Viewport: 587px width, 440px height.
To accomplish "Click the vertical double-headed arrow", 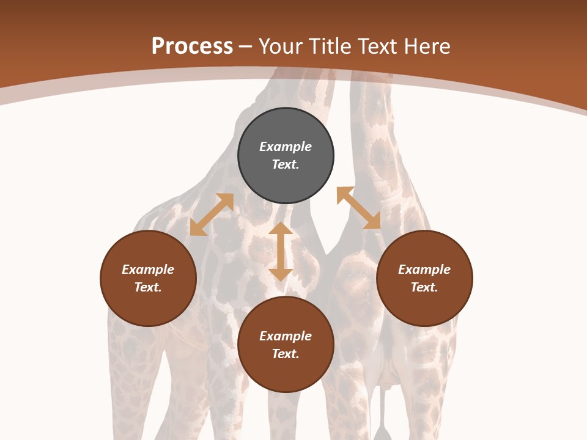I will point(281,251).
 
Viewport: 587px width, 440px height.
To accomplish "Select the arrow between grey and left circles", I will point(212,215).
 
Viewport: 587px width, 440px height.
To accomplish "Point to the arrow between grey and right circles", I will point(358,208).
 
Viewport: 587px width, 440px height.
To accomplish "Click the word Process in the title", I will point(192,46).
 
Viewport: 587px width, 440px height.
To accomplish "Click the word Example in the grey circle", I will point(286,147).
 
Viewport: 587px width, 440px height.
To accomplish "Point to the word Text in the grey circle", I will point(286,164).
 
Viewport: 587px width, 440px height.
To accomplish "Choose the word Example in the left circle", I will point(148,269).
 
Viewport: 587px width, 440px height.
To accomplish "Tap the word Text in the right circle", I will point(424,287).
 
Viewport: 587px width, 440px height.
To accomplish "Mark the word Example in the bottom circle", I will point(286,336).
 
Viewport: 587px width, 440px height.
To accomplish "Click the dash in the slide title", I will point(246,46).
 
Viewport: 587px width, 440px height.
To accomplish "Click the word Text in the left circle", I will point(148,287).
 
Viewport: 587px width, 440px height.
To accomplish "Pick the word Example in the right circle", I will point(424,269).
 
